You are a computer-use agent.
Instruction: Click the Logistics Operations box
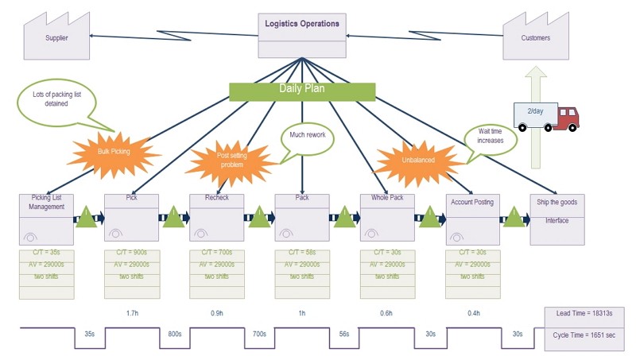[302, 34]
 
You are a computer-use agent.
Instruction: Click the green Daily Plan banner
[301, 91]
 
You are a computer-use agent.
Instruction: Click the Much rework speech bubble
[308, 139]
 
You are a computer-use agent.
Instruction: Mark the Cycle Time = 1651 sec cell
[584, 336]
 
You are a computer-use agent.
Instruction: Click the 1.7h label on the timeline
[133, 313]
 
